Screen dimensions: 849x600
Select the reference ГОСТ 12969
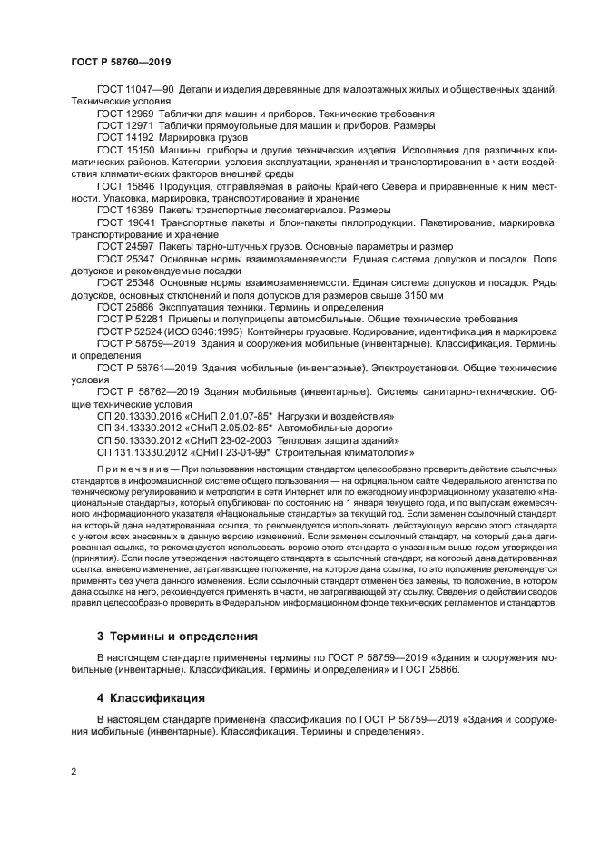click(126, 114)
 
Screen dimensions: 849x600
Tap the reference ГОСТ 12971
click(126, 125)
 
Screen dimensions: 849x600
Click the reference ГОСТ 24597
click(126, 247)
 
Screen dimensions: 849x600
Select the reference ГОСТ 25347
click(126, 260)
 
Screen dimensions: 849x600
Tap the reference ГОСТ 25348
click(126, 283)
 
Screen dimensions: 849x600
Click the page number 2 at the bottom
click(74, 772)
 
